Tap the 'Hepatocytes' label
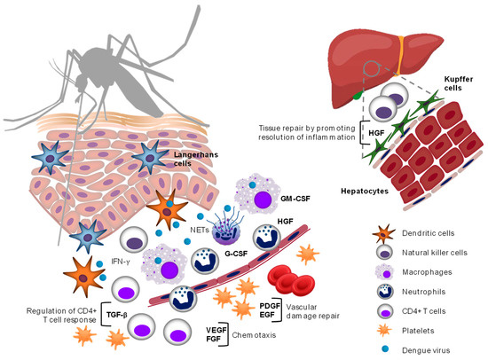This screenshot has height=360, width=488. pyautogui.click(x=335, y=189)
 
